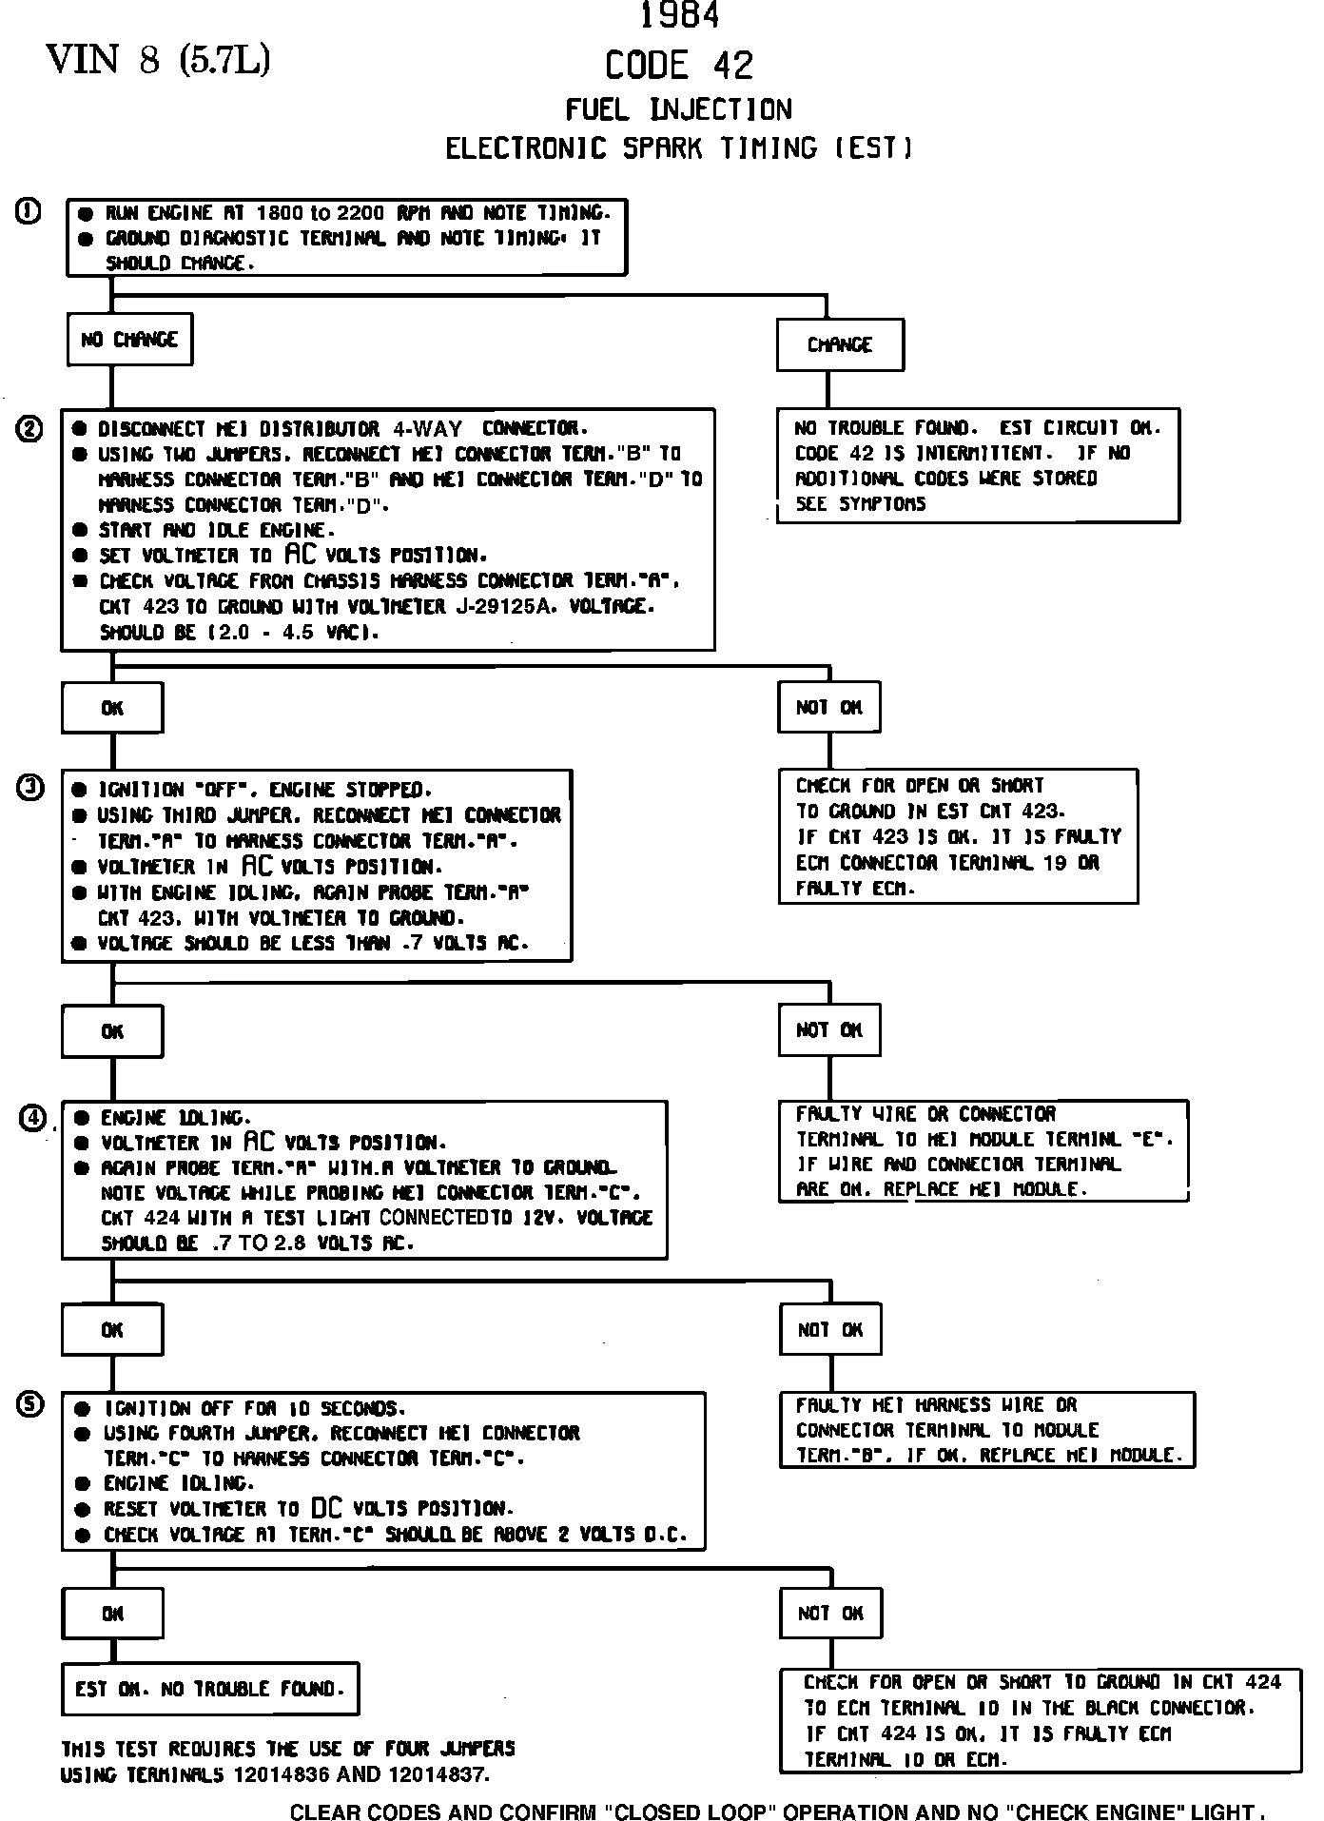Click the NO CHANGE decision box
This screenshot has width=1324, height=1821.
129,340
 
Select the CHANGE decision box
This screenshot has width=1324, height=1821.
840,344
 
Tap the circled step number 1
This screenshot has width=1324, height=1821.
29,211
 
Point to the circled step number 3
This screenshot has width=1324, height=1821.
31,788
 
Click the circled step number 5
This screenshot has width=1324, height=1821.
31,1404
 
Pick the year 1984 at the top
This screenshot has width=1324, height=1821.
679,16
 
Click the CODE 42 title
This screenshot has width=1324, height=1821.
679,66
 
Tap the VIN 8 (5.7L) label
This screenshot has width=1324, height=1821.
158,61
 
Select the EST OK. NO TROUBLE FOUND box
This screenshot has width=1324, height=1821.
209,1690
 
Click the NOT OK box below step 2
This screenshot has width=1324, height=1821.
829,707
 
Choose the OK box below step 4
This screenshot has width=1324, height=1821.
112,1330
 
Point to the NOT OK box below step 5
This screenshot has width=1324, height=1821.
830,1614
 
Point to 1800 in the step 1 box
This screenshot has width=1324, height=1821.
281,212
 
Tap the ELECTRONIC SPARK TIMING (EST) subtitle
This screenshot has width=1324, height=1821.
679,148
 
